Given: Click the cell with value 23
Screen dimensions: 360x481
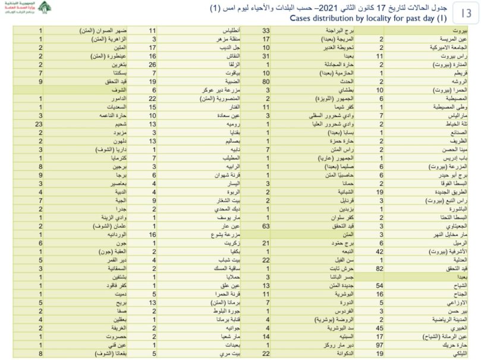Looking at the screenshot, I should pos(39,124).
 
